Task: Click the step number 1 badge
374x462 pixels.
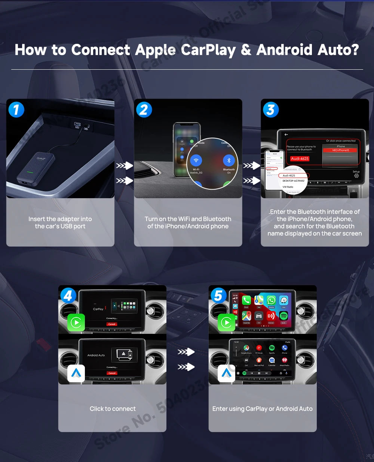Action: tap(16, 110)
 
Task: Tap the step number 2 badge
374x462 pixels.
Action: tap(144, 110)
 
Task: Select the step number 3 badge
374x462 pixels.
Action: tap(271, 110)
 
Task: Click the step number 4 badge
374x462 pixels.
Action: tap(68, 296)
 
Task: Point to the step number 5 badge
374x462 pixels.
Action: tap(218, 296)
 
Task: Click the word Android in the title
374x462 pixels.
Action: tap(284, 50)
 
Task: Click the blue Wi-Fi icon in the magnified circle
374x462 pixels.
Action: tap(196, 160)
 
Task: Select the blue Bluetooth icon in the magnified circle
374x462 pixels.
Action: tap(229, 160)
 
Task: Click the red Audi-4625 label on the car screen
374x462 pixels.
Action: tap(300, 158)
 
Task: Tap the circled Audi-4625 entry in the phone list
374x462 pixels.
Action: tap(289, 175)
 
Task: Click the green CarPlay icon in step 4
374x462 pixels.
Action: tap(76, 322)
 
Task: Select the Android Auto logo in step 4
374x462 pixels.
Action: tap(76, 373)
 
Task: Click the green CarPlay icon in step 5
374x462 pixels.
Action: tap(226, 322)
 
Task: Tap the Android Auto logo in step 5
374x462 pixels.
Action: tap(226, 373)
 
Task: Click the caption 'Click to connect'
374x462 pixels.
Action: tap(113, 409)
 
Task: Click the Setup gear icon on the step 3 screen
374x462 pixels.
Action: tap(356, 176)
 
